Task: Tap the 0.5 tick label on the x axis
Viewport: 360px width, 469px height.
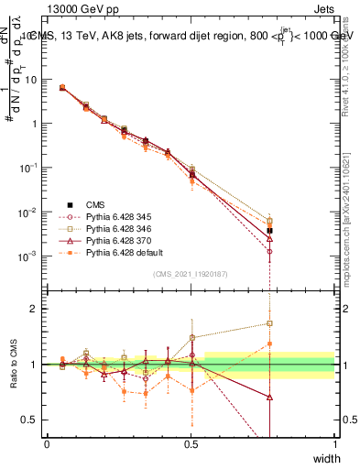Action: pyautogui.click(x=191, y=443)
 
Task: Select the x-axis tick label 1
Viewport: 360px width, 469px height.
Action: pyautogui.click(x=334, y=443)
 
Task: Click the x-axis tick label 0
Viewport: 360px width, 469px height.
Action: pyautogui.click(x=47, y=443)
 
